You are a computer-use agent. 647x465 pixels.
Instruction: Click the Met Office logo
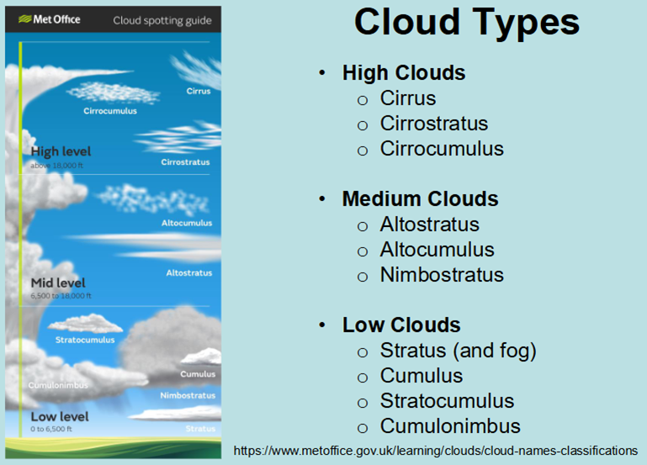(x=50, y=19)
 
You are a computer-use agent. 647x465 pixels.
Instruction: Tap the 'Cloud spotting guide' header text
(x=162, y=21)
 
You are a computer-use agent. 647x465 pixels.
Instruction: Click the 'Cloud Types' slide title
(x=467, y=23)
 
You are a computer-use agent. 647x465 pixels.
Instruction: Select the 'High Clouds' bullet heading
(x=404, y=73)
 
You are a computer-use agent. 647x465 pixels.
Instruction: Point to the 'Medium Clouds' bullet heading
(x=420, y=198)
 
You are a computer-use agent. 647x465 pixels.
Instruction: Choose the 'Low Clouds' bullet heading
(x=401, y=325)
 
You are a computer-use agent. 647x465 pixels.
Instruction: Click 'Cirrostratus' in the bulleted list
(x=433, y=124)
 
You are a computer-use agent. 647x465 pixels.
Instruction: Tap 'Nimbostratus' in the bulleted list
(x=442, y=275)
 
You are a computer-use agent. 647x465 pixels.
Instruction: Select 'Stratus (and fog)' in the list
(x=458, y=351)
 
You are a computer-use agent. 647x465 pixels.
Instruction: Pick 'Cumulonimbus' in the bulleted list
(x=450, y=425)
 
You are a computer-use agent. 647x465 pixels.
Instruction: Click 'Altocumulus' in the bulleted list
(x=437, y=250)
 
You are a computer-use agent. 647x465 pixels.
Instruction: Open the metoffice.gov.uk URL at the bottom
(x=436, y=451)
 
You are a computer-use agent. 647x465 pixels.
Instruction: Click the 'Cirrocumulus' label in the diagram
(x=110, y=111)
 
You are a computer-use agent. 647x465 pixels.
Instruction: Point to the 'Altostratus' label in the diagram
(x=189, y=273)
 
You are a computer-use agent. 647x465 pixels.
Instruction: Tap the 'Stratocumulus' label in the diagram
(x=85, y=340)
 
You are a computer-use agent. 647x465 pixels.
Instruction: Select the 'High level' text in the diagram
(x=61, y=151)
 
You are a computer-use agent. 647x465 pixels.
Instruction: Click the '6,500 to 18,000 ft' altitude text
(x=61, y=296)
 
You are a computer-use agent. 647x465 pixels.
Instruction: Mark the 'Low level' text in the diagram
(x=60, y=416)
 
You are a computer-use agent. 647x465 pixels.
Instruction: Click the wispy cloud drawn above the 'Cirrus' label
(x=197, y=69)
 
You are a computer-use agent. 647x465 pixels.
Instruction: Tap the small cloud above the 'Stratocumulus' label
(x=86, y=323)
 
